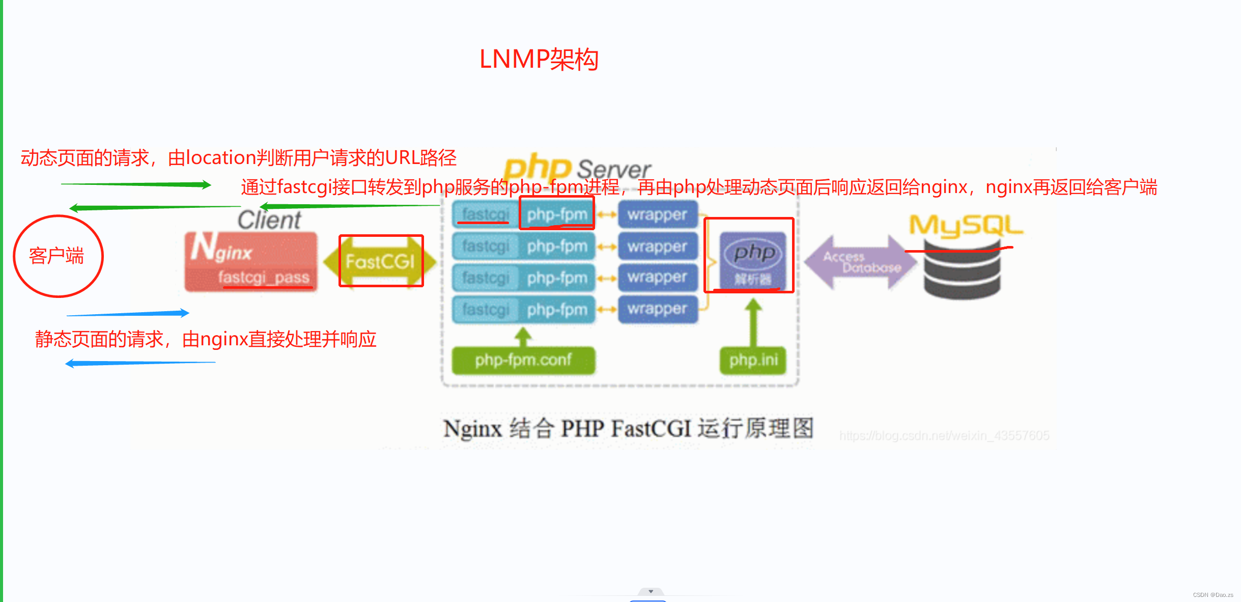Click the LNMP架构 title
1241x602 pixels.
pos(539,60)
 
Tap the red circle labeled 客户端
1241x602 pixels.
pos(58,256)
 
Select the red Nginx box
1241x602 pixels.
pos(250,261)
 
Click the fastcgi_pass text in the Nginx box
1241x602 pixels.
pos(264,278)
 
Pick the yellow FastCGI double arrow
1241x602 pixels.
pos(380,261)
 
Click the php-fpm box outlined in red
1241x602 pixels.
pos(557,214)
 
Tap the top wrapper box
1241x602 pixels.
pos(657,214)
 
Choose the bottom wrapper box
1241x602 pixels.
pos(657,309)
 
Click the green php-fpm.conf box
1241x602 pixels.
pos(523,360)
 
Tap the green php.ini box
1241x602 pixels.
pos(753,360)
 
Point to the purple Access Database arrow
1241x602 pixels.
pos(860,262)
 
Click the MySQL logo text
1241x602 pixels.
pos(965,225)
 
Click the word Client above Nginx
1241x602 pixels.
pos(269,220)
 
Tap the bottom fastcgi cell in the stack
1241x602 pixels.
pos(485,309)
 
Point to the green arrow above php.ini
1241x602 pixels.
pos(753,321)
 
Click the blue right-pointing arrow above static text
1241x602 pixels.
pos(128,313)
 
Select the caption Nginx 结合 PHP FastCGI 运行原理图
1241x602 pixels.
pos(628,428)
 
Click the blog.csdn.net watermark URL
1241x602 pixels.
pos(944,435)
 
